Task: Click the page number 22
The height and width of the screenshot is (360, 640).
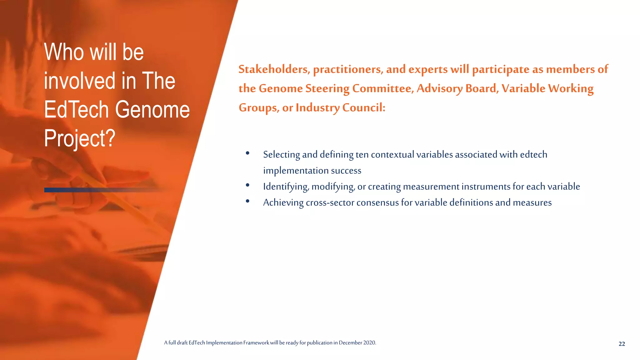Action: pyautogui.click(x=622, y=344)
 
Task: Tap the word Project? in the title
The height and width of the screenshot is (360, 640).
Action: pyautogui.click(x=80, y=138)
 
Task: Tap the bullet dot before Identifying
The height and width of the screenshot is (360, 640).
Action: pyautogui.click(x=247, y=185)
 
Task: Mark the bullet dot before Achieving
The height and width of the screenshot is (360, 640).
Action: pyautogui.click(x=247, y=201)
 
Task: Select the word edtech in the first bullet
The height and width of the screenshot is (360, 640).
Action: pyautogui.click(x=533, y=155)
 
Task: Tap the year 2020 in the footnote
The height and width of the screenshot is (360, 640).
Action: pyautogui.click(x=369, y=343)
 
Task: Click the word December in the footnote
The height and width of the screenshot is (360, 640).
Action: pyautogui.click(x=350, y=343)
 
